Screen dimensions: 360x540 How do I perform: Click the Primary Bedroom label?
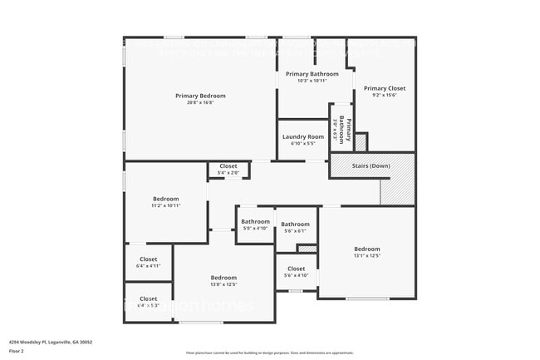tap(199, 96)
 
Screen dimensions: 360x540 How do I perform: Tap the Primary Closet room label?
tap(384, 88)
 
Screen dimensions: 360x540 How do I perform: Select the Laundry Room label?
tap(302, 136)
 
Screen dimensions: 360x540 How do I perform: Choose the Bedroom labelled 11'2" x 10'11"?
tap(166, 198)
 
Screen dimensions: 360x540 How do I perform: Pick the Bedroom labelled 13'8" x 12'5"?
tap(223, 278)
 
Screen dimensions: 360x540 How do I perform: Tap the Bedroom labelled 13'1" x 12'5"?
tap(366, 249)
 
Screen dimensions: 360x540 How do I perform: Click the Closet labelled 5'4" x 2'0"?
tap(228, 166)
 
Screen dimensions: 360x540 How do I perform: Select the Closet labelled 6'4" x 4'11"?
tap(148, 259)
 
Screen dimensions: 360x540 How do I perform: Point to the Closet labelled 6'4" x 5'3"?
tap(148, 298)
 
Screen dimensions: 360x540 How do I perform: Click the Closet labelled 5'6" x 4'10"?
tap(296, 269)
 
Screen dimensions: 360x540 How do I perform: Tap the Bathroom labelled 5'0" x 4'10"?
tap(255, 222)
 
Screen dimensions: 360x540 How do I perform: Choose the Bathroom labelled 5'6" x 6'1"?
tap(295, 224)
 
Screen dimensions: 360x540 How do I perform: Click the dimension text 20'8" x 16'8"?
tap(199, 103)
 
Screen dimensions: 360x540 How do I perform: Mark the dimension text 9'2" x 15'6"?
tap(384, 96)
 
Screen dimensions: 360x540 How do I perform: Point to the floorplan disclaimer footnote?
tap(269, 353)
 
